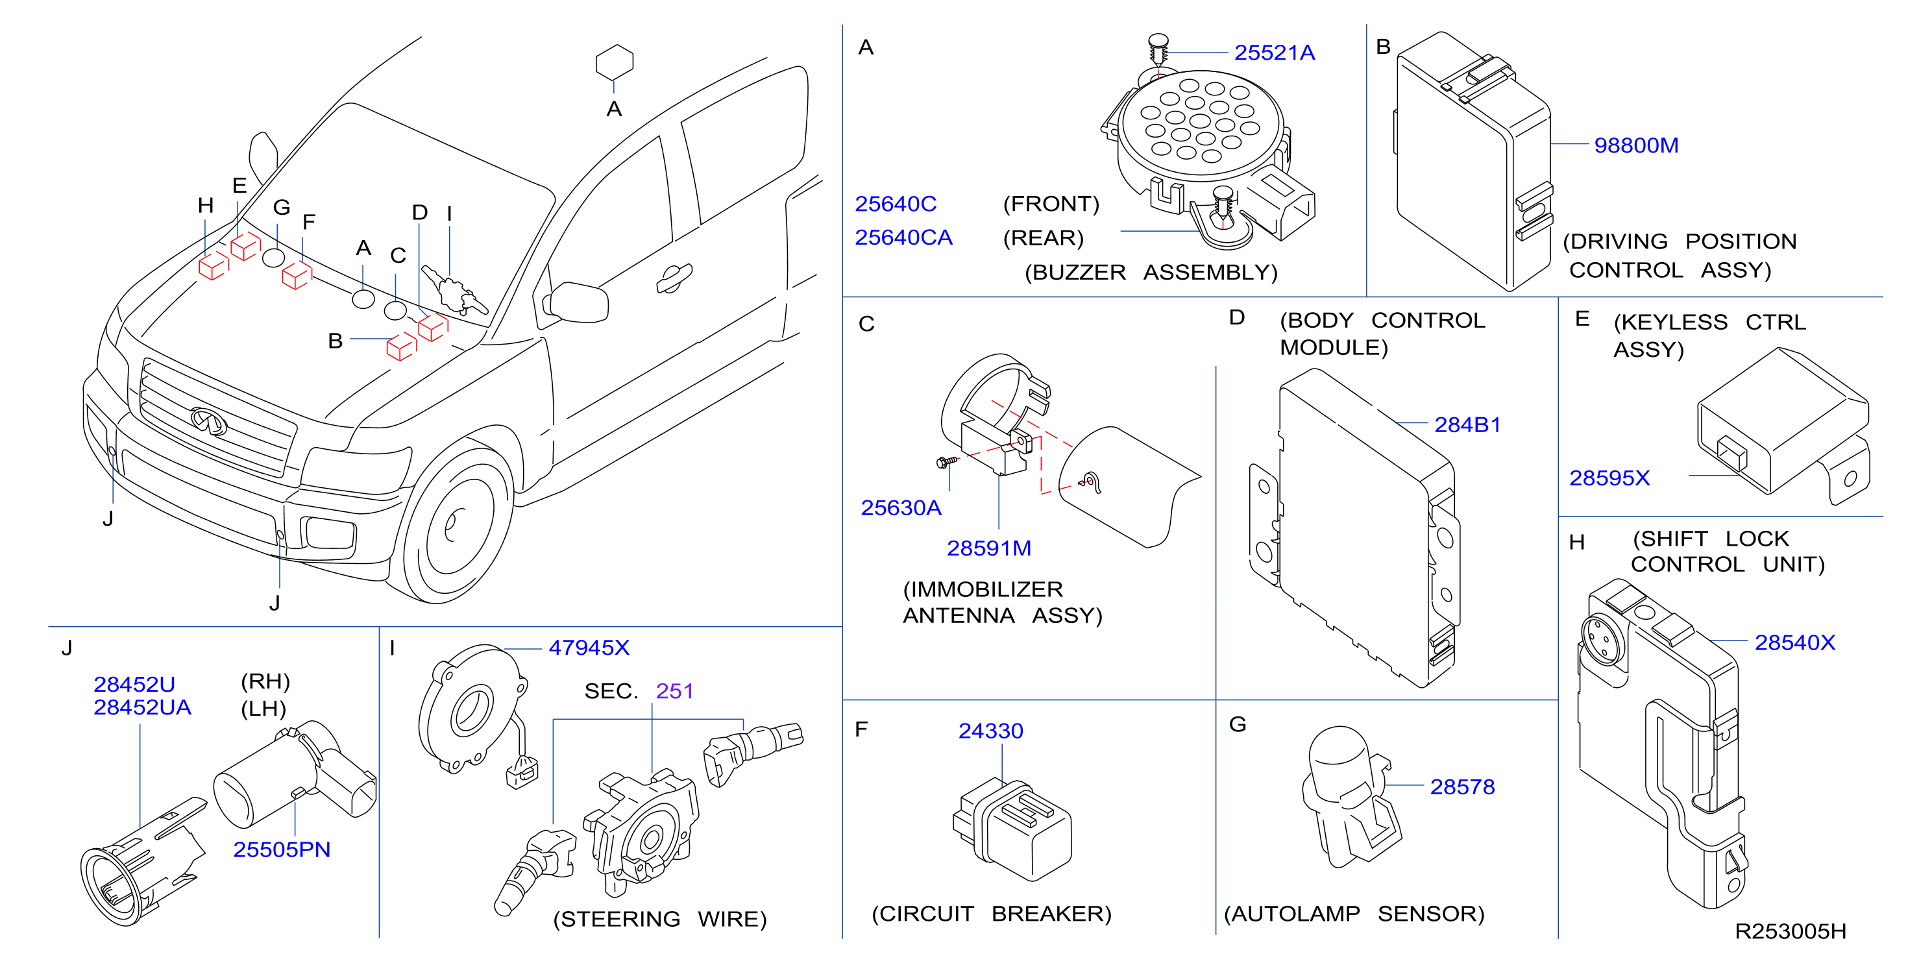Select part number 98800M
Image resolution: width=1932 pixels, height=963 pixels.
1636,145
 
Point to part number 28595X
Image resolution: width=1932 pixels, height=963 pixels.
1609,478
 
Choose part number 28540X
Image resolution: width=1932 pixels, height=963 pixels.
1795,642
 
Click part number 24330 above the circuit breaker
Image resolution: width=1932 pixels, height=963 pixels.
991,731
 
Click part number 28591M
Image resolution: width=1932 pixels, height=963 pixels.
988,548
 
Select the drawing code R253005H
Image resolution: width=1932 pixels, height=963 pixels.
1791,931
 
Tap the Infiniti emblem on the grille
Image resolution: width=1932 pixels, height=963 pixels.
208,421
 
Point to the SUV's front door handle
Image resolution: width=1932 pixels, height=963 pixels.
674,278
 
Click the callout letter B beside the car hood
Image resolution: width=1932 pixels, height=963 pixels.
336,341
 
